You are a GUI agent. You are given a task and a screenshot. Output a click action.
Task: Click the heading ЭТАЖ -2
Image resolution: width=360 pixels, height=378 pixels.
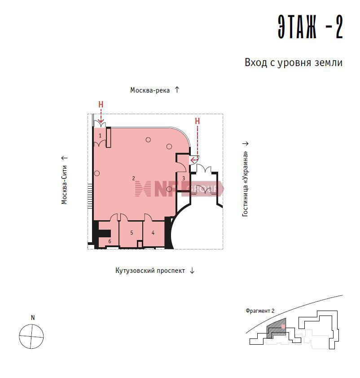tap(310, 27)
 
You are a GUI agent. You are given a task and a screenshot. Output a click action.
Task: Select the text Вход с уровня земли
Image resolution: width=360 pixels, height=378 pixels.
tap(294, 62)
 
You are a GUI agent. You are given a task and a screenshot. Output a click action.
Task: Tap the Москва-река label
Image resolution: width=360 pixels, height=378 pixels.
tap(150, 90)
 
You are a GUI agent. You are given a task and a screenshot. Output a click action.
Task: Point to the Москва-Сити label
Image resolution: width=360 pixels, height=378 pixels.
tap(64, 185)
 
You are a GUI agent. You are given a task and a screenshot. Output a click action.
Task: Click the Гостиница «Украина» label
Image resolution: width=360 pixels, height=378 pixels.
tap(245, 184)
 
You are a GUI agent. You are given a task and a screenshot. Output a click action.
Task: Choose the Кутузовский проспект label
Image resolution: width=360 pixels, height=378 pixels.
tap(150, 271)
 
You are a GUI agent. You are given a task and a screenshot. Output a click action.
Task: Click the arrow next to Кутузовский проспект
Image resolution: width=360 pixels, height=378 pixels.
tap(192, 271)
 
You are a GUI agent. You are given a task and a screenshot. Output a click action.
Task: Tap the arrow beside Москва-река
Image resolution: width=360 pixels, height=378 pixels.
tap(177, 90)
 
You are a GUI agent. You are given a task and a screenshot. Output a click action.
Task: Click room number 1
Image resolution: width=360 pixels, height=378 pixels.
tap(100, 136)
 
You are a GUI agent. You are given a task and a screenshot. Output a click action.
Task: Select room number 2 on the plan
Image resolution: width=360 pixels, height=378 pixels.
tap(134, 178)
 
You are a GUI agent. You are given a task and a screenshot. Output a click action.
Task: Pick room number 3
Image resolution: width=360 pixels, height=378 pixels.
tap(184, 178)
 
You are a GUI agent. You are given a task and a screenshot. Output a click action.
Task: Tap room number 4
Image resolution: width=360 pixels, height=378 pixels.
tap(153, 233)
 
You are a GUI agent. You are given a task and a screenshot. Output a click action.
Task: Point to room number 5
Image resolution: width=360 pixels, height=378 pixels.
tap(132, 233)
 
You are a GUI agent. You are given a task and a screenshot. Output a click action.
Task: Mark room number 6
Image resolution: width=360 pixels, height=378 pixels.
tap(110, 241)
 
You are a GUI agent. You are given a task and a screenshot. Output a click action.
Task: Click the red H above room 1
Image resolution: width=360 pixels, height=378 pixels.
tap(101, 104)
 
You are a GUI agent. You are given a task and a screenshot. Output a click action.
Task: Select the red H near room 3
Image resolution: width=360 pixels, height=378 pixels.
tap(197, 121)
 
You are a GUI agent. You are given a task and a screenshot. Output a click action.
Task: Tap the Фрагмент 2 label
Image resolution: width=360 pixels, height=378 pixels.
tap(260, 311)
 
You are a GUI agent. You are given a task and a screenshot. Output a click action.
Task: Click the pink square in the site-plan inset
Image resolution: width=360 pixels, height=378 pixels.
tap(283, 326)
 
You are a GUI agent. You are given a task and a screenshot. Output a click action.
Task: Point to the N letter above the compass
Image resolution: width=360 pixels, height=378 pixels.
tap(33, 318)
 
